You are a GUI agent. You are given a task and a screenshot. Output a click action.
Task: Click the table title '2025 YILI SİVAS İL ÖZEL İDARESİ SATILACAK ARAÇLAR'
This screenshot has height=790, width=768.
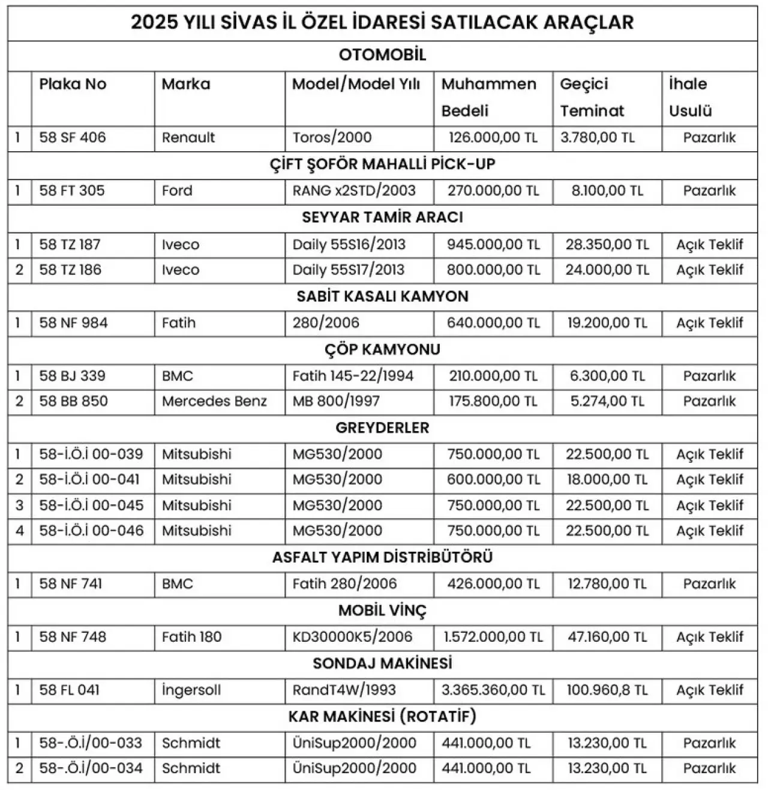(x=382, y=22)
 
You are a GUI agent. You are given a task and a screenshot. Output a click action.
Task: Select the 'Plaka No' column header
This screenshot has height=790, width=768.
(x=73, y=84)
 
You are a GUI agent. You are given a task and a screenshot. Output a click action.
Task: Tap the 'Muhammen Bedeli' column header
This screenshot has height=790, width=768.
(x=489, y=97)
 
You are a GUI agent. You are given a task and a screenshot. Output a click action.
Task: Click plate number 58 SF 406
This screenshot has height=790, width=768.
(x=73, y=137)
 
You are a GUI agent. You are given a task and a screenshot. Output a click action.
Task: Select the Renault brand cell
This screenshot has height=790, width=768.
(x=188, y=137)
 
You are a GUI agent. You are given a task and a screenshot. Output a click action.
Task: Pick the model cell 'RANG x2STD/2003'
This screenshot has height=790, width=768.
(x=354, y=191)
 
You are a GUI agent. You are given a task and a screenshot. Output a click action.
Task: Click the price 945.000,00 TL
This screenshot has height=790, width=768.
(x=493, y=245)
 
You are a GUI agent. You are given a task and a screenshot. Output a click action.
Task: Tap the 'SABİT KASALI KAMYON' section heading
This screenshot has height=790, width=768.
(x=382, y=297)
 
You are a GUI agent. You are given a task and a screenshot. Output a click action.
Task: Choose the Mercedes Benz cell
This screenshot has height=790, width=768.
(x=214, y=401)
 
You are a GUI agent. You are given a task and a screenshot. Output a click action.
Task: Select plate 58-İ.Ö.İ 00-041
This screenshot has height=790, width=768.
(x=89, y=480)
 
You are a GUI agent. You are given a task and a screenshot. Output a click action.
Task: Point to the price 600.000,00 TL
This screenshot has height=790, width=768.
(x=493, y=480)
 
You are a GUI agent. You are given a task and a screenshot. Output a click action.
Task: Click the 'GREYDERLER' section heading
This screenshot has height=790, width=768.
(x=382, y=428)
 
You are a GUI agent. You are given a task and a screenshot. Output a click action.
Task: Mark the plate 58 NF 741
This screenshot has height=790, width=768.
(x=71, y=583)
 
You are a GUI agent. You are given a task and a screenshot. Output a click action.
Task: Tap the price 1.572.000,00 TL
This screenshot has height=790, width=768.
(x=493, y=637)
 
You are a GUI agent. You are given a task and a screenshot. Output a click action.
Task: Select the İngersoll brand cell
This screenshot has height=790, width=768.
(x=191, y=690)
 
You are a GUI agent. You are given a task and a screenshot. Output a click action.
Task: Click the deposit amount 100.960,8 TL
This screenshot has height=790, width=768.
(x=607, y=690)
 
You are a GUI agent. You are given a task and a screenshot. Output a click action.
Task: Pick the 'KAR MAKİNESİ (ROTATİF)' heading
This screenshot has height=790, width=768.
(x=382, y=717)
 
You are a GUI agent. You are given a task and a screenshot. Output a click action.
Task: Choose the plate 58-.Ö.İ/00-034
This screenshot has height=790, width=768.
(x=91, y=768)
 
